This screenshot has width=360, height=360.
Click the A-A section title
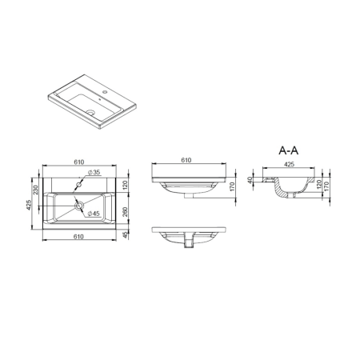click(x=289, y=150)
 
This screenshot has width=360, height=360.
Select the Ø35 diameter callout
click(x=94, y=172)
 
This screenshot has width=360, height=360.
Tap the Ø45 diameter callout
click(x=94, y=214)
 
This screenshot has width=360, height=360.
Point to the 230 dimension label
click(x=36, y=190)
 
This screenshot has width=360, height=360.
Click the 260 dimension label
click(x=126, y=212)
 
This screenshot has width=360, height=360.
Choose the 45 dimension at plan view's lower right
click(x=126, y=235)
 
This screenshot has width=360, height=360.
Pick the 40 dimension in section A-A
click(x=250, y=180)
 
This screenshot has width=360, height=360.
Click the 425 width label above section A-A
click(x=289, y=164)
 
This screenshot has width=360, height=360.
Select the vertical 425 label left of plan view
click(x=29, y=205)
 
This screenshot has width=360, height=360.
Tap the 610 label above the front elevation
click(x=186, y=160)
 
